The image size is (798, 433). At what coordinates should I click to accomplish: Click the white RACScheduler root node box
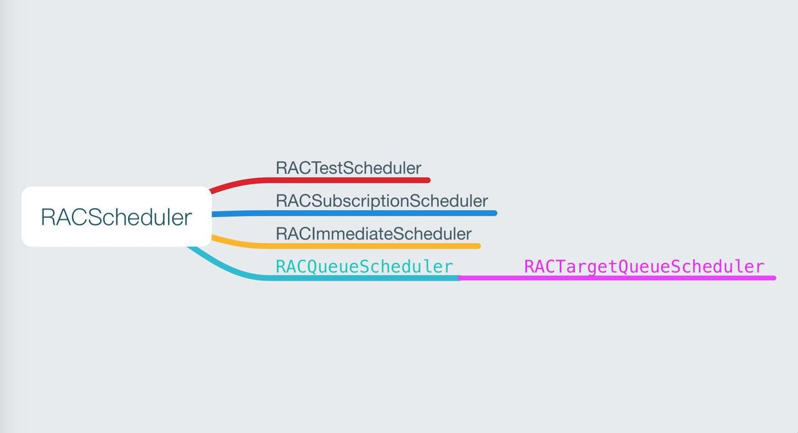[116, 216]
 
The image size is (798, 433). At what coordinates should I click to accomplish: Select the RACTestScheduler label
[348, 168]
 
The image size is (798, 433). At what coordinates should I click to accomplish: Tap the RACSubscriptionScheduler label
[382, 200]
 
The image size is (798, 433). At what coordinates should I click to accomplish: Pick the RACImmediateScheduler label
[373, 233]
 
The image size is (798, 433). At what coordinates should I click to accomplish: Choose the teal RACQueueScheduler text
[364, 266]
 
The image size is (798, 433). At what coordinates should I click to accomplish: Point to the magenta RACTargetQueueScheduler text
[644, 266]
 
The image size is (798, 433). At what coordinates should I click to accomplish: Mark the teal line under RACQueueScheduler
[360, 278]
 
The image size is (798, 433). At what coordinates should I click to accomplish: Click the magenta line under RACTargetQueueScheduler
[618, 278]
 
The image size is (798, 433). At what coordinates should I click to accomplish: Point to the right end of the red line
[428, 180]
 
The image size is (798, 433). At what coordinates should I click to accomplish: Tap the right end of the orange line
[478, 245]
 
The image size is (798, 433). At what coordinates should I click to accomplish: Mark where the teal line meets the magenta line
[459, 278]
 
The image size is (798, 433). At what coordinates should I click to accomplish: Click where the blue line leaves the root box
[214, 214]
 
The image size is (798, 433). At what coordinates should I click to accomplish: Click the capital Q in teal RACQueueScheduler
[311, 267]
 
